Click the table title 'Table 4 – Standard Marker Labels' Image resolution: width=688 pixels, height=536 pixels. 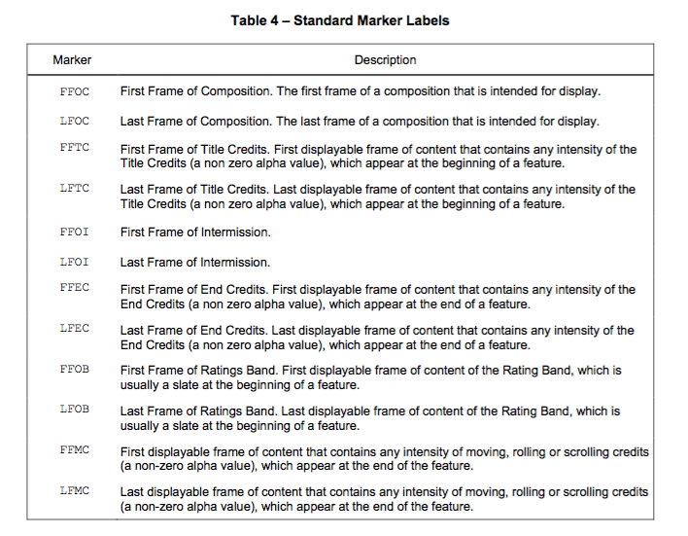tap(340, 20)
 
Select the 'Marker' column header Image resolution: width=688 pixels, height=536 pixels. tap(72, 60)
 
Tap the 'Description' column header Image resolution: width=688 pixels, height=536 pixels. tap(385, 60)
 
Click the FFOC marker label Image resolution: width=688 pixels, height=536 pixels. tap(74, 90)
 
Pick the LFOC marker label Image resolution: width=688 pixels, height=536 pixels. tap(74, 121)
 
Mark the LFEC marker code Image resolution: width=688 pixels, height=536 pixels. tap(74, 328)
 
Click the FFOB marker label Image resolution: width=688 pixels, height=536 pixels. tap(74, 369)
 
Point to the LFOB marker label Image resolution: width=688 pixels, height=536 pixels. tap(74, 409)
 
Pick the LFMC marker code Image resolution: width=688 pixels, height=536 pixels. tap(74, 490)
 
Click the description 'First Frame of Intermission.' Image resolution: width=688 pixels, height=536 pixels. tap(194, 232)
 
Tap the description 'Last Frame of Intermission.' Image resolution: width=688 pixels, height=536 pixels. tap(194, 262)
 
